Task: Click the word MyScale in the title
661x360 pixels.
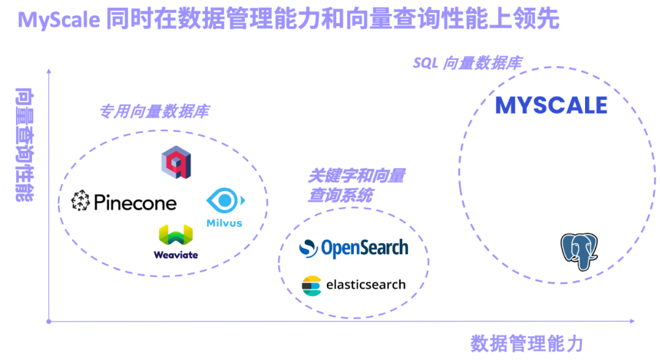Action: pos(59,20)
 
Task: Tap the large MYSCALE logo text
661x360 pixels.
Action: pos(551,105)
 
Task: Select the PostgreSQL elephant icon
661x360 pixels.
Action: pos(578,251)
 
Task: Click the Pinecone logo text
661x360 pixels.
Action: pos(135,202)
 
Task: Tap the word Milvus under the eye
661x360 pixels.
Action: pos(224,222)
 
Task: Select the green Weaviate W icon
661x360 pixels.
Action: pos(176,236)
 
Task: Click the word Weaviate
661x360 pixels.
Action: pos(176,255)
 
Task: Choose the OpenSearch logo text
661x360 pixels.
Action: pos(365,247)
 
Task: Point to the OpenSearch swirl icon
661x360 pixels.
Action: pos(308,248)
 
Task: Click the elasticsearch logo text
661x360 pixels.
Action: pos(366,285)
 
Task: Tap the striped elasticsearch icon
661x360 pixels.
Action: pos(312,285)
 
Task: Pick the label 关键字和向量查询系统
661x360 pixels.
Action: pos(355,186)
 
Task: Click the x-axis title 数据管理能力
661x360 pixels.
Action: pos(526,343)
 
